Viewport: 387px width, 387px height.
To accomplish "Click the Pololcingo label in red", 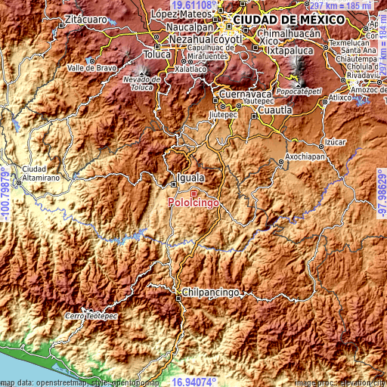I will tap(193, 203).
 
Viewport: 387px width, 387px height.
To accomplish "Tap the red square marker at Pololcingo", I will tap(193, 193).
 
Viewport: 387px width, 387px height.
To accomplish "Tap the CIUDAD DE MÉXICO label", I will tap(283, 18).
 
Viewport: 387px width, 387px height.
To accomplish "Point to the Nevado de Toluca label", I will tap(143, 82).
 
